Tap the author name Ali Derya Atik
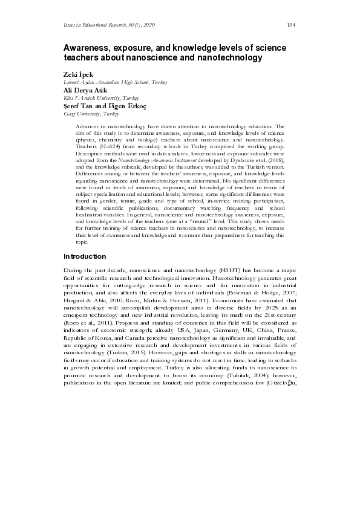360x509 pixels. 85,90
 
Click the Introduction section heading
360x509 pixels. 85,256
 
